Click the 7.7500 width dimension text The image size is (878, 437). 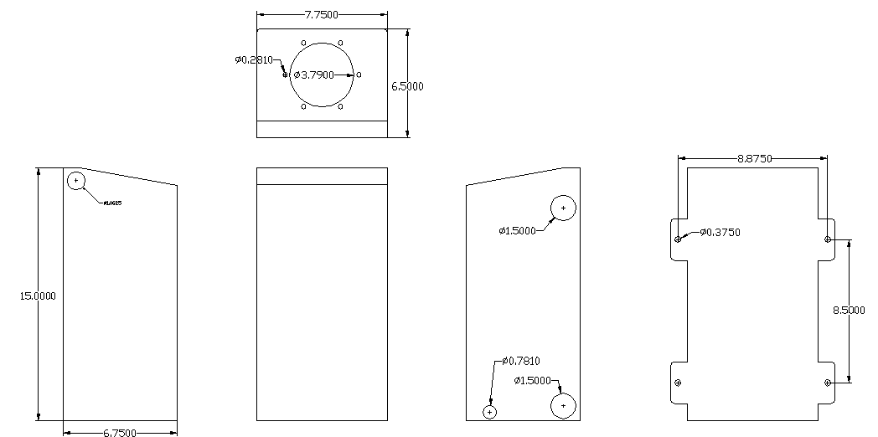click(x=322, y=15)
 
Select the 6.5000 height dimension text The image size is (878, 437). click(x=407, y=86)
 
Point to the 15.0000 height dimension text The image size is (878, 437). click(x=38, y=295)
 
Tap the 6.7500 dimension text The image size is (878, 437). click(x=121, y=432)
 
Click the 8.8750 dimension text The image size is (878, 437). click(x=754, y=158)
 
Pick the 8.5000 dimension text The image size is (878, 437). click(x=849, y=310)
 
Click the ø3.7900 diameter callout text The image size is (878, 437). click(x=313, y=75)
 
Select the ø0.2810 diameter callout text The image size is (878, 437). click(x=253, y=59)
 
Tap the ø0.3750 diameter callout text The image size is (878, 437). click(x=720, y=232)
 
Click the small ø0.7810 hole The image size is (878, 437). click(x=490, y=411)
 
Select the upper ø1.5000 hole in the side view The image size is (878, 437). click(x=563, y=207)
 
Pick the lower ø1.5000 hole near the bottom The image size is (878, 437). click(x=563, y=405)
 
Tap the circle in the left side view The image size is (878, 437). click(x=77, y=180)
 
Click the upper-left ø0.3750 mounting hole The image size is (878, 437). click(x=678, y=239)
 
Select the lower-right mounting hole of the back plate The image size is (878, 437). click(x=828, y=383)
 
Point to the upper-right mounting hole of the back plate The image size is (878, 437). click(x=828, y=239)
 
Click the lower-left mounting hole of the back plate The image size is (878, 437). click(x=678, y=383)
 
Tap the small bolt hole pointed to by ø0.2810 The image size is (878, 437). click(x=287, y=75)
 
